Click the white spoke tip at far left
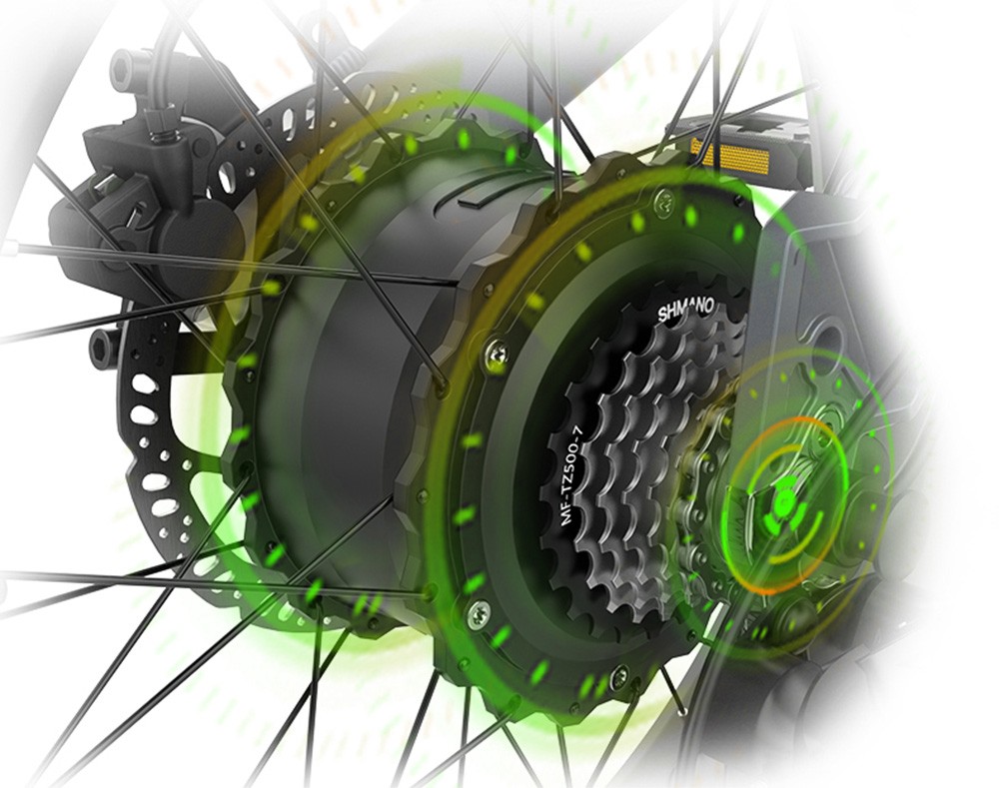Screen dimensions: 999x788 coord(10,246)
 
